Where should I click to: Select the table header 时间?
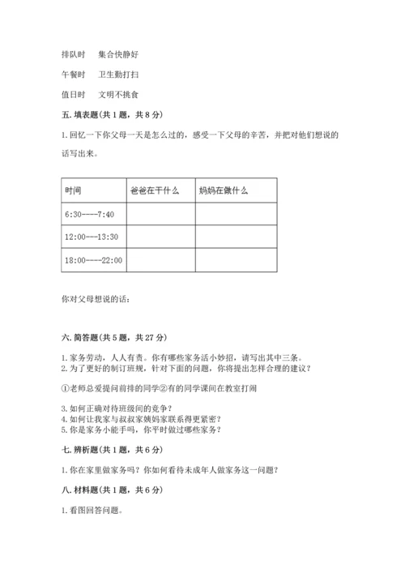(73, 191)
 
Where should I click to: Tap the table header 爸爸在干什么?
(154, 191)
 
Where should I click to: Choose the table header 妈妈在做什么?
(223, 191)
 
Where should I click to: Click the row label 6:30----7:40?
(90, 214)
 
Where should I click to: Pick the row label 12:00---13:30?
(92, 237)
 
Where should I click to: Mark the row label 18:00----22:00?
(93, 260)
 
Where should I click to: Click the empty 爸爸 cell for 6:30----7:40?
(161, 214)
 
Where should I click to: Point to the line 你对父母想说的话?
(95, 299)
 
